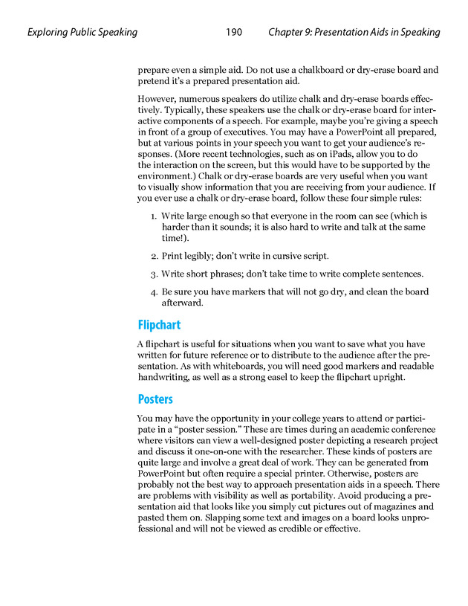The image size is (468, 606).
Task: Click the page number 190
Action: [234, 33]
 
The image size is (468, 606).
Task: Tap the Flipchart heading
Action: [159, 325]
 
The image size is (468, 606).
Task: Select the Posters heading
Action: [155, 399]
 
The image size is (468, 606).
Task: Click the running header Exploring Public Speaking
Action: [82, 33]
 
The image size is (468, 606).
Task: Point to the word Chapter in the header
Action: [286, 33]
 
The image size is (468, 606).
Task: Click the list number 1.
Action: [153, 216]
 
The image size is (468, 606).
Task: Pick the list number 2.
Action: [153, 256]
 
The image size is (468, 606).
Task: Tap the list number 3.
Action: [153, 274]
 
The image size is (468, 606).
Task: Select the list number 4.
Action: [153, 292]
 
